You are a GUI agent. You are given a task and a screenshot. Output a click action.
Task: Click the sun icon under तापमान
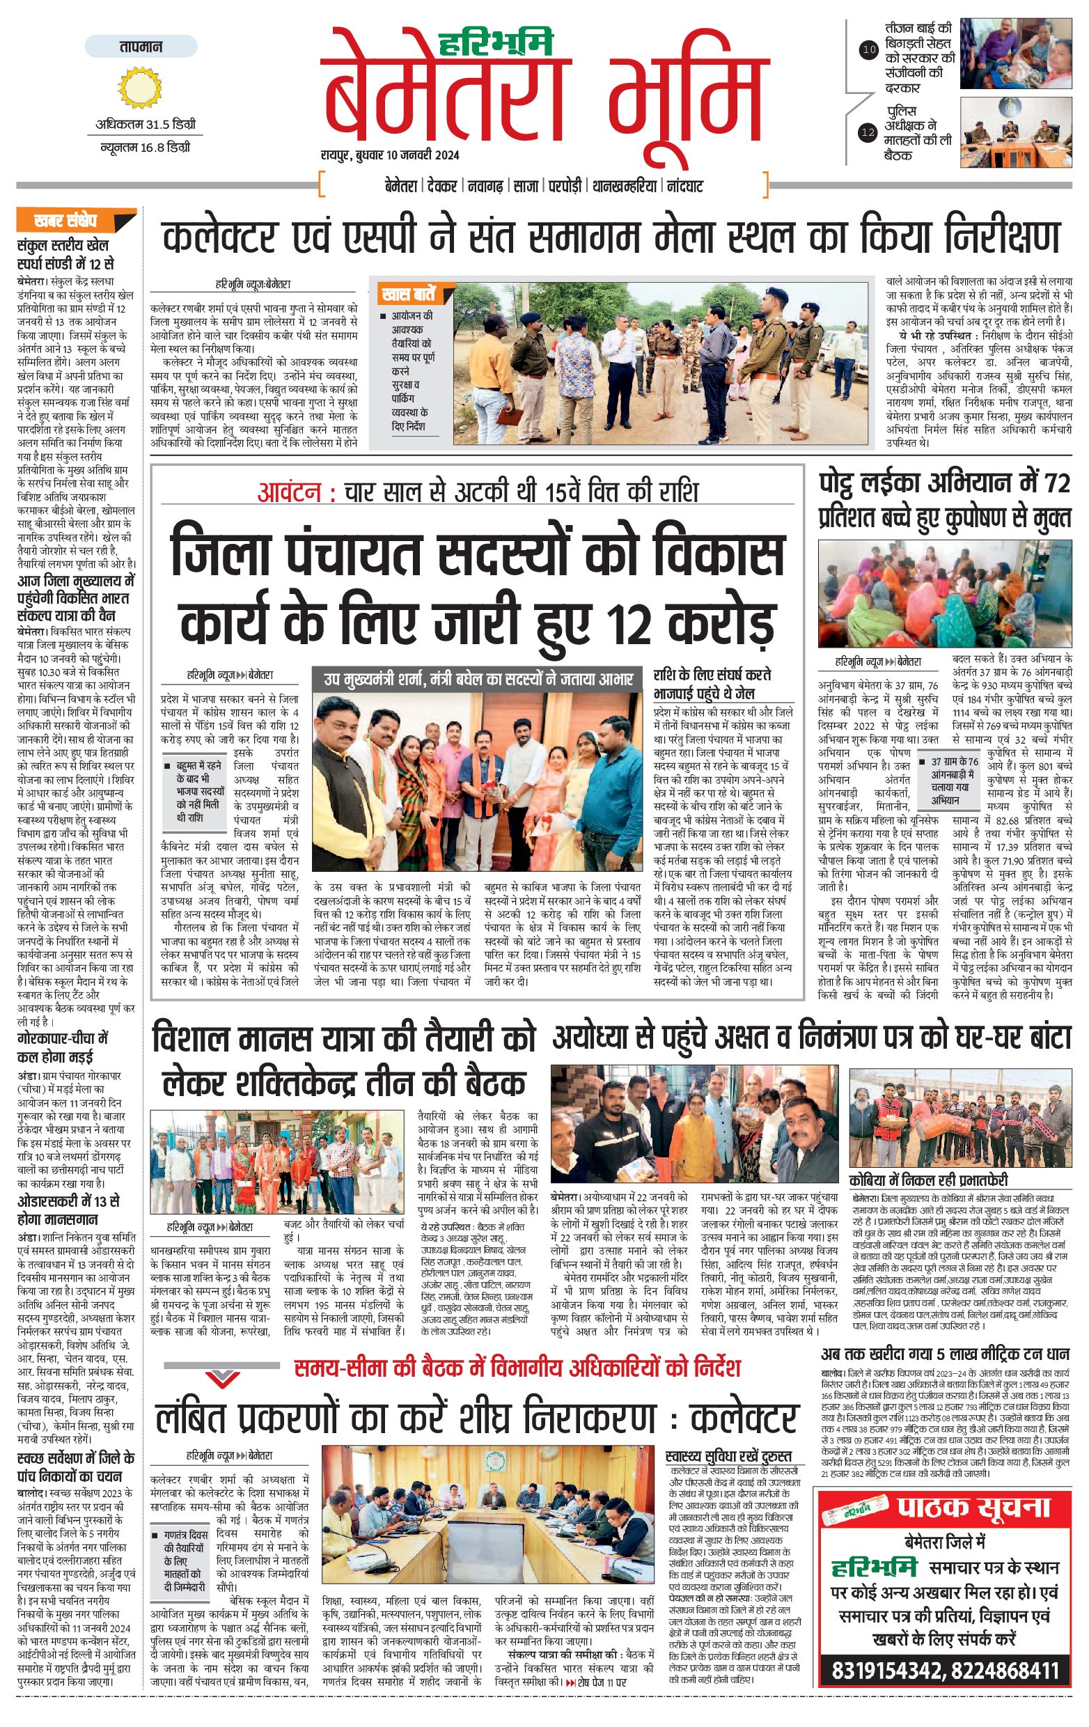tap(140, 87)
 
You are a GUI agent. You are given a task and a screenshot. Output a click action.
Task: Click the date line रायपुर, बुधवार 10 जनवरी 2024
tap(390, 155)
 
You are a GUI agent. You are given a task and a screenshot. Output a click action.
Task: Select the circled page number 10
tap(868, 50)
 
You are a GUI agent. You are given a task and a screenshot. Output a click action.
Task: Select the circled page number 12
tap(868, 132)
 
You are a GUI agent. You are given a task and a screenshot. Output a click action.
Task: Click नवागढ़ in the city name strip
tap(485, 187)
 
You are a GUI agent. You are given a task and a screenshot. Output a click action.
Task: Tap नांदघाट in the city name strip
tap(684, 187)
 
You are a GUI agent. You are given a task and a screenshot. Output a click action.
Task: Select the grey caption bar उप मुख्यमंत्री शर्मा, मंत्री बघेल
tap(478, 678)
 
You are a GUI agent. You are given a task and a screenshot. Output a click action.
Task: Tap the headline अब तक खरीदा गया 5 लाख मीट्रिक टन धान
tap(944, 1354)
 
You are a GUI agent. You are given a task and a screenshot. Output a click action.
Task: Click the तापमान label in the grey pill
tap(141, 47)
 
